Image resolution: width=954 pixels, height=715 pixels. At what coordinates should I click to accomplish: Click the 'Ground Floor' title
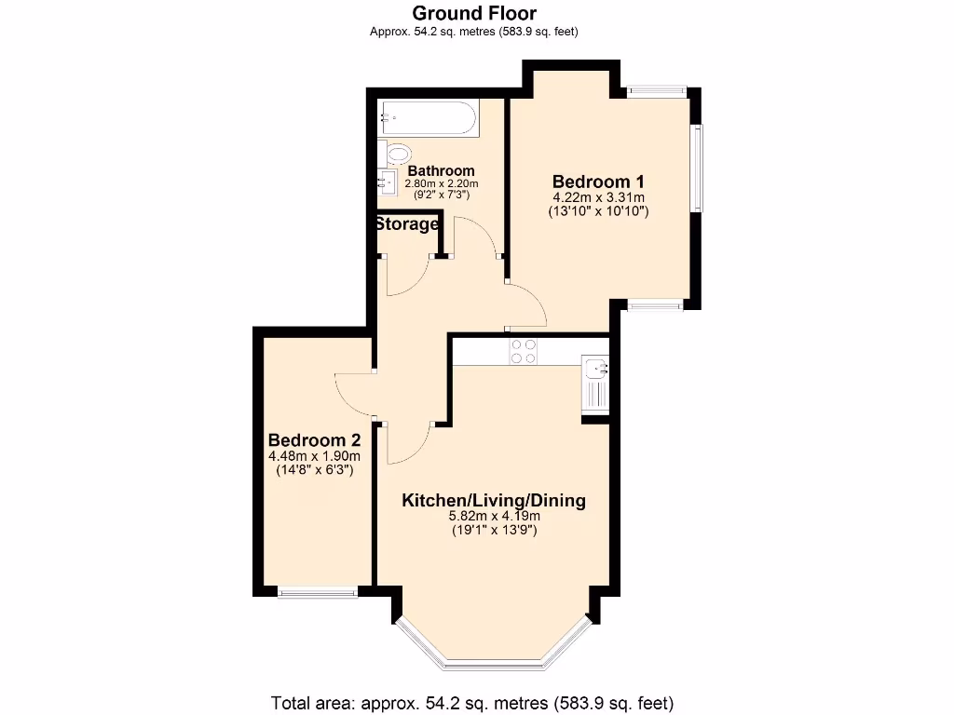(x=474, y=13)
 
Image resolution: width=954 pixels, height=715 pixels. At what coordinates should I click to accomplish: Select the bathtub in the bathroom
(x=428, y=119)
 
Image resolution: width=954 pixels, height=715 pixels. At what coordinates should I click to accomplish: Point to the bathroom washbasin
(x=388, y=182)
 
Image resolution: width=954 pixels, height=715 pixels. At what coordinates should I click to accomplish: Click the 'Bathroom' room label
(x=441, y=171)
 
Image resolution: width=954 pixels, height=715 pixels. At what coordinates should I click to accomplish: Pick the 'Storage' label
(x=407, y=224)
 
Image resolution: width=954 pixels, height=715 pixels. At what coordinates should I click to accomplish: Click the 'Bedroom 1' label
(x=598, y=182)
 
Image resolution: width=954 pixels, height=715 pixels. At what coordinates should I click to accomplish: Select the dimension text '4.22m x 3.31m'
(x=598, y=197)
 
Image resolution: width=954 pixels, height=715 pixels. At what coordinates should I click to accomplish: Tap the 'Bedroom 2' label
(x=314, y=440)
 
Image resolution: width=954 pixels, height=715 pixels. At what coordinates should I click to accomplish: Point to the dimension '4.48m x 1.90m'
(x=314, y=456)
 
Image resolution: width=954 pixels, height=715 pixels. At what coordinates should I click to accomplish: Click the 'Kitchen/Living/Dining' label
(x=493, y=501)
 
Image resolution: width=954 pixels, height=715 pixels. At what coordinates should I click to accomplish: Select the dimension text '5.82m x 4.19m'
(x=493, y=517)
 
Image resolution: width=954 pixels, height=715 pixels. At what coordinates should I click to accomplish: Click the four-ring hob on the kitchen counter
(x=523, y=350)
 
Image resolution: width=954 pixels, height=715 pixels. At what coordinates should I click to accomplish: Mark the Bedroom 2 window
(x=318, y=590)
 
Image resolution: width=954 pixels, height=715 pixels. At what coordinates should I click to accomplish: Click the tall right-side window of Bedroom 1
(x=696, y=168)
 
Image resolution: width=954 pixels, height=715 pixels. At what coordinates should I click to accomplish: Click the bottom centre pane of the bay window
(x=493, y=664)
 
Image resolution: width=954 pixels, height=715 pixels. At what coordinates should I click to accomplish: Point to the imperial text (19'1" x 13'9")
(x=493, y=531)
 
